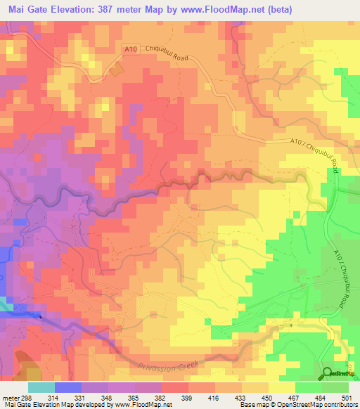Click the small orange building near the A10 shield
tap(115, 70)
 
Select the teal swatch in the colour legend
tap(41, 387)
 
